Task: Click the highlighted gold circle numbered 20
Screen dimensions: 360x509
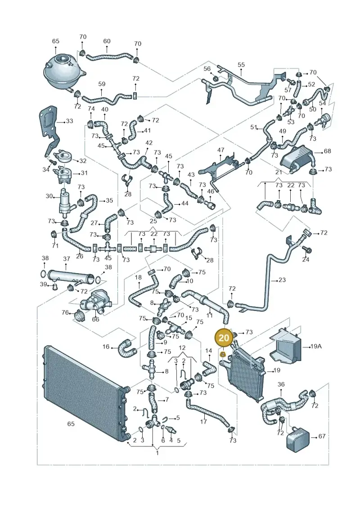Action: [224, 338]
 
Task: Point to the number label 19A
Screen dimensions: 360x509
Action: [315, 347]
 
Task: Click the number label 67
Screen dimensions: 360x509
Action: [321, 436]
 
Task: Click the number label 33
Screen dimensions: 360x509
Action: [69, 121]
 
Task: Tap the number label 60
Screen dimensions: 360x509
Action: [107, 41]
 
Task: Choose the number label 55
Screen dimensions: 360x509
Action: [241, 65]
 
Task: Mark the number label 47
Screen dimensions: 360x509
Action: [221, 150]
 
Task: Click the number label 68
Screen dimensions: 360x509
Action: [327, 151]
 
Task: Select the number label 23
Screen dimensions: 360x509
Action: [282, 279]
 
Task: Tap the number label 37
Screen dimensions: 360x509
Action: [67, 259]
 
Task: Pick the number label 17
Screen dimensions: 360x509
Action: [203, 422]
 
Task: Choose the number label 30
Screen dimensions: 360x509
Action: [49, 196]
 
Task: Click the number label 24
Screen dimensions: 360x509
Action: [306, 259]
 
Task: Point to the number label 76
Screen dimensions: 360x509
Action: [65, 312]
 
